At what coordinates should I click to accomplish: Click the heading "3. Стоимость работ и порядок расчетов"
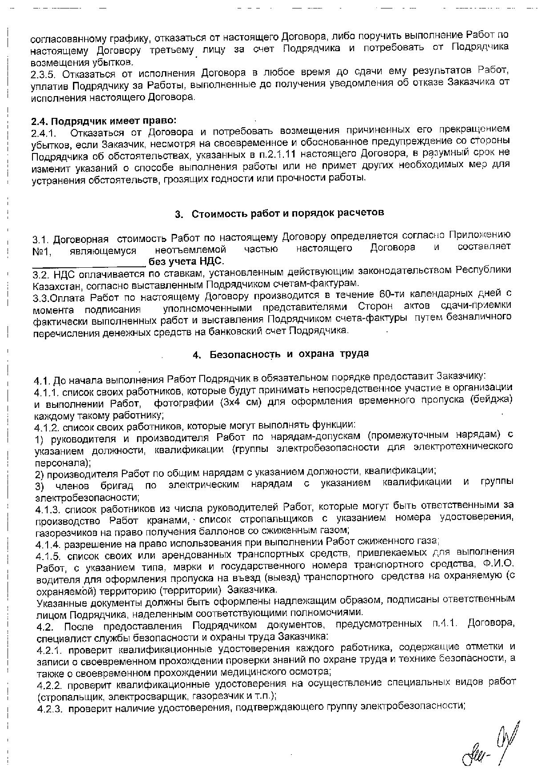[279, 213]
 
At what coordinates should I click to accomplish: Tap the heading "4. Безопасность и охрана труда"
[281, 354]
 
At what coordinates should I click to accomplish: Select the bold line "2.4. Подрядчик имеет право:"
[104, 121]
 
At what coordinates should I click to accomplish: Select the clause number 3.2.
[42, 272]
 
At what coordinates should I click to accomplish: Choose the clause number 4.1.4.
[48, 544]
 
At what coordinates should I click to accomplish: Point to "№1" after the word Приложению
[41, 252]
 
